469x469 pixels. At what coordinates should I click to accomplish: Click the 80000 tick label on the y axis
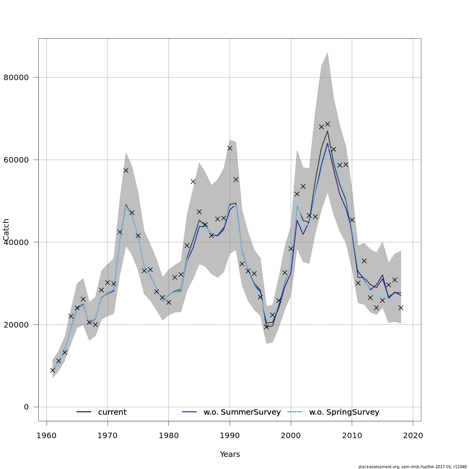16,77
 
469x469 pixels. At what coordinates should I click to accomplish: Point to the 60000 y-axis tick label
16,160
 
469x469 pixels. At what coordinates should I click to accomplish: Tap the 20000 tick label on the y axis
16,324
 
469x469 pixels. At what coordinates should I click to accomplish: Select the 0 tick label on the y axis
26,407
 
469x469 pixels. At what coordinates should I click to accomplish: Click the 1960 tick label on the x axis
47,435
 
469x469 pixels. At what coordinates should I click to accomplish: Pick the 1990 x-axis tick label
230,435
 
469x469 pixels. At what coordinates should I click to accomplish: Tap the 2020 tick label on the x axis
413,435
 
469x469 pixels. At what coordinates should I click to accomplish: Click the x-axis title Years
230,454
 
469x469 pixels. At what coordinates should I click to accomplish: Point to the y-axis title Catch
6,230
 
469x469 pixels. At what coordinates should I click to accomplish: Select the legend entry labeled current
112,412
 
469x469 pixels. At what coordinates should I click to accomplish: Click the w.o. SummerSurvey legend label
242,412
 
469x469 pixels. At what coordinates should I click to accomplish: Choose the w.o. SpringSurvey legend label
344,412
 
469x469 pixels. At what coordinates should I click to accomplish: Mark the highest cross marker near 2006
328,124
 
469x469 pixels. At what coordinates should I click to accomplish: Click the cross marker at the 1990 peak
230,148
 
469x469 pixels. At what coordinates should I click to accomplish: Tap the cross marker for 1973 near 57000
126,170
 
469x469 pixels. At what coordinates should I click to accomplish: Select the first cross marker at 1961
53,370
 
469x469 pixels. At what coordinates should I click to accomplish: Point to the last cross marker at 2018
401,308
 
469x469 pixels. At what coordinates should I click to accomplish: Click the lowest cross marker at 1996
267,327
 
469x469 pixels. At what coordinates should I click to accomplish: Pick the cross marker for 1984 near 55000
193,181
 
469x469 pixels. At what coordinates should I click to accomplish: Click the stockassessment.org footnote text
412,467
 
